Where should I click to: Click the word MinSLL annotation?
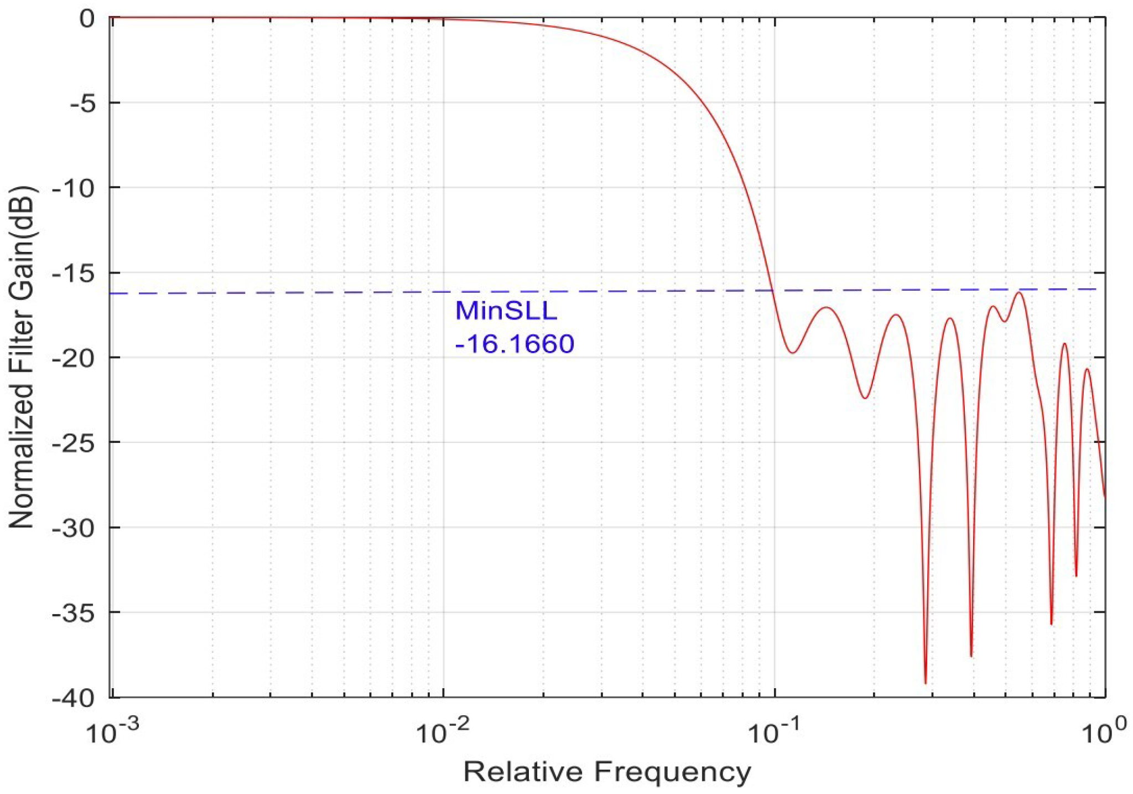(x=506, y=311)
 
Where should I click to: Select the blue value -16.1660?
(x=514, y=344)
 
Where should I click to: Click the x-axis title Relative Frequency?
(x=607, y=771)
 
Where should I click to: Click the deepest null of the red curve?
(x=925, y=683)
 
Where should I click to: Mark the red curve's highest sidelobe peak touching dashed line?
(x=1019, y=292)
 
